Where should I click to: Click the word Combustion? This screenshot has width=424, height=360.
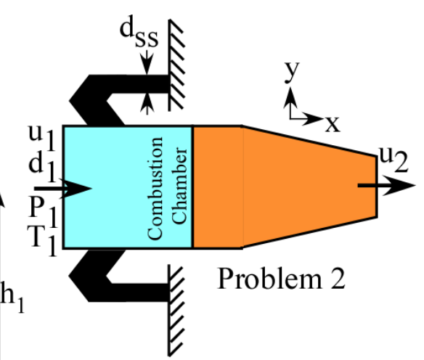(155, 187)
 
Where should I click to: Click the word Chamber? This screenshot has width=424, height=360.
(176, 187)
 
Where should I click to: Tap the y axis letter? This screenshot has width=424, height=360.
(291, 72)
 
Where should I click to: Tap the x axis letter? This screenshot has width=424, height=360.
(332, 123)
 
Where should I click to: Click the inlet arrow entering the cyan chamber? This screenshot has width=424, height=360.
(73, 188)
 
